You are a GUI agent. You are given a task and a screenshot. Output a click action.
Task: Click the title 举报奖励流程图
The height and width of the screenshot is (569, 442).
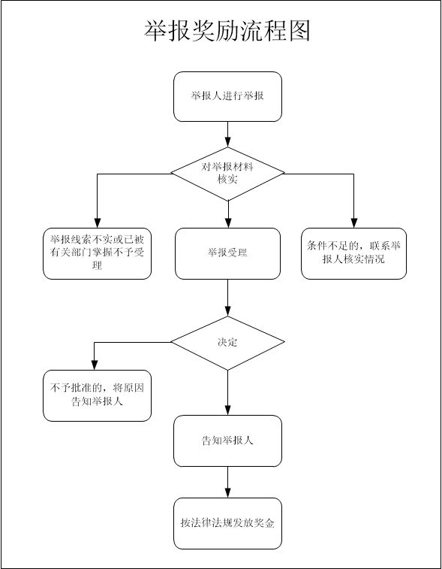click(227, 31)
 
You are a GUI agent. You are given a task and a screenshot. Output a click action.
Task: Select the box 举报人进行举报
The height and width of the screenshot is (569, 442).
click(227, 96)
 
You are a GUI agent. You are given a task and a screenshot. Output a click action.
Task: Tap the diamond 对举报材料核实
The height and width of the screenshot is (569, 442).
click(227, 174)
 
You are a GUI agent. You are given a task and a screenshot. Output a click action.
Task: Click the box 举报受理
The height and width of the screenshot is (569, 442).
click(227, 253)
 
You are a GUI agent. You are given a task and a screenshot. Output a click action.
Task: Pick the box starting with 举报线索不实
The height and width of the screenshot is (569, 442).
click(97, 253)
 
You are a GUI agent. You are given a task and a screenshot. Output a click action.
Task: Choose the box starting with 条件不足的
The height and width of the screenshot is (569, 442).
click(353, 253)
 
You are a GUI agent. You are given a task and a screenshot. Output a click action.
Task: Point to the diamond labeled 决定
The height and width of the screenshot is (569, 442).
click(227, 343)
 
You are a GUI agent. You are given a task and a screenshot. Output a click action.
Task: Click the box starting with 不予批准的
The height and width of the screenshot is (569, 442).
click(97, 395)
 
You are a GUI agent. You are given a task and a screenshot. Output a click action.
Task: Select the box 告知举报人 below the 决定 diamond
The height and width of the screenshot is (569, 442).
click(227, 441)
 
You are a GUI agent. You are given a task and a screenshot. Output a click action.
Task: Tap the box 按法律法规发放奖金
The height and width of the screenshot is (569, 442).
click(227, 523)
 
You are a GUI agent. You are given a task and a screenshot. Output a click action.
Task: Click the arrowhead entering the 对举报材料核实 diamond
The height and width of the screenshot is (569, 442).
click(227, 142)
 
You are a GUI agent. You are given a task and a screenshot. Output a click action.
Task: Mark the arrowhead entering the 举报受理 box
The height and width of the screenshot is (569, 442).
click(227, 223)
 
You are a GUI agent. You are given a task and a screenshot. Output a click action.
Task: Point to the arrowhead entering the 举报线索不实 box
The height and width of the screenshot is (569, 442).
click(97, 223)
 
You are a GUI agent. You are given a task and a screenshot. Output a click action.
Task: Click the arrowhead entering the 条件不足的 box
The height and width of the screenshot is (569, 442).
click(354, 223)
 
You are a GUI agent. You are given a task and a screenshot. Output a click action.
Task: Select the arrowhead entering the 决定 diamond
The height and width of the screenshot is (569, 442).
click(227, 311)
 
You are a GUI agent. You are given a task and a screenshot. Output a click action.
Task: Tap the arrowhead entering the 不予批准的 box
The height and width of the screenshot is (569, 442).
click(95, 365)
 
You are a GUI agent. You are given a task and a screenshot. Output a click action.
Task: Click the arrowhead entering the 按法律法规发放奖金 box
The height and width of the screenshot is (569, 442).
click(227, 493)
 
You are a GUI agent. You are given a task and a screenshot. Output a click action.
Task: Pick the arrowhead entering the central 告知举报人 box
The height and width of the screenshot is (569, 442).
click(227, 410)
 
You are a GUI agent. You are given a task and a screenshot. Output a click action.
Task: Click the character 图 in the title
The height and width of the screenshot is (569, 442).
click(299, 31)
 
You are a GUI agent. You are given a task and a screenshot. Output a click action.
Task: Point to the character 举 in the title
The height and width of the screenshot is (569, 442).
click(156, 31)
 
